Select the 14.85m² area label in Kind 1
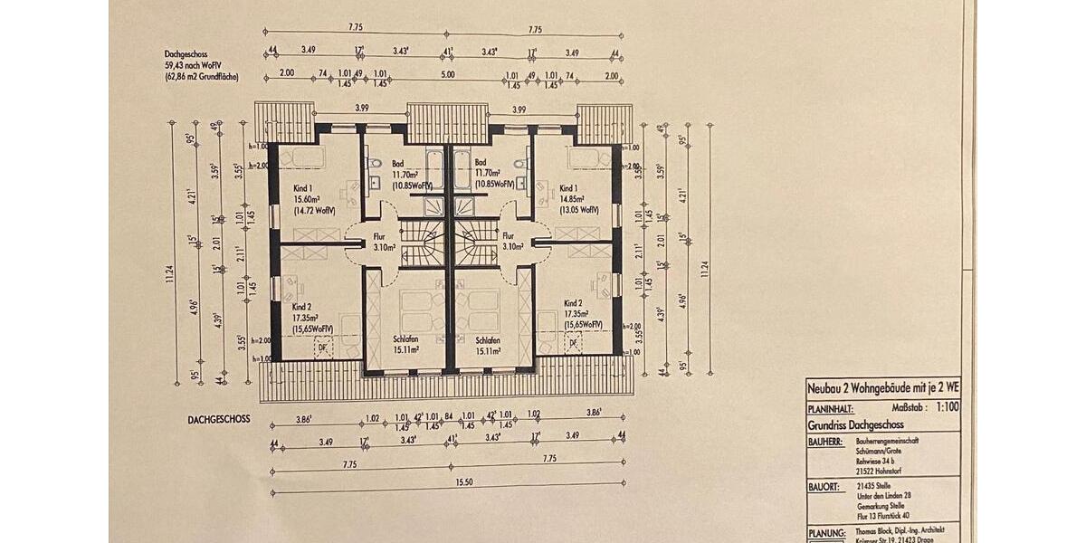[570, 198]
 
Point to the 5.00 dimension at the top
[447, 75]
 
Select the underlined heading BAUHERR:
[826, 443]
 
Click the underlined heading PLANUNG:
[826, 533]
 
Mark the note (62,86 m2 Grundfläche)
[201, 77]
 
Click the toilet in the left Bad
[375, 165]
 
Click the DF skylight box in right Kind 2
[571, 343]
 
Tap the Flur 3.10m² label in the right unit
[514, 241]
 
